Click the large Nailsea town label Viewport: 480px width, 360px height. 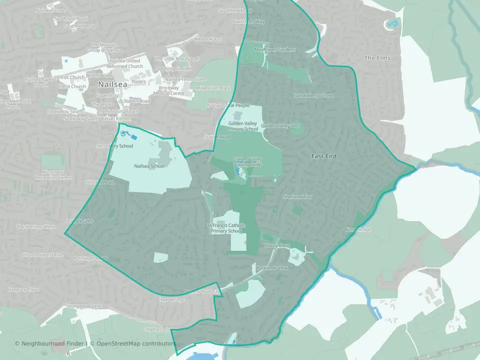[x=113, y=84]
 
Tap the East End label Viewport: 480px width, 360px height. [x=323, y=156]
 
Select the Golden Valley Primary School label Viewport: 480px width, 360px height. [x=243, y=126]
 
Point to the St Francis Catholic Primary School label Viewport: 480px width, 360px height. [x=226, y=228]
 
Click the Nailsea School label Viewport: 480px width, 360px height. [x=149, y=166]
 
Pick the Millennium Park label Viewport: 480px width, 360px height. [x=213, y=88]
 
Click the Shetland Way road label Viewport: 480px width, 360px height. [x=297, y=197]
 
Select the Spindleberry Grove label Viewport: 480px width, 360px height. [x=313, y=95]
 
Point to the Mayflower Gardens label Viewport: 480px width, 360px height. [x=274, y=50]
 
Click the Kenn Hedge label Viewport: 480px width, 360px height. [x=358, y=230]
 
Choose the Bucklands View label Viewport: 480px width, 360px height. [x=272, y=268]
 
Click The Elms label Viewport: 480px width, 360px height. [x=377, y=58]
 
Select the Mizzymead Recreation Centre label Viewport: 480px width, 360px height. [x=50, y=174]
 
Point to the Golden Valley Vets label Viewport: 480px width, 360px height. [x=280, y=126]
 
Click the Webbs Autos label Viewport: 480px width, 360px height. [x=208, y=39]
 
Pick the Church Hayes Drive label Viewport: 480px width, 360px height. [x=42, y=255]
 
